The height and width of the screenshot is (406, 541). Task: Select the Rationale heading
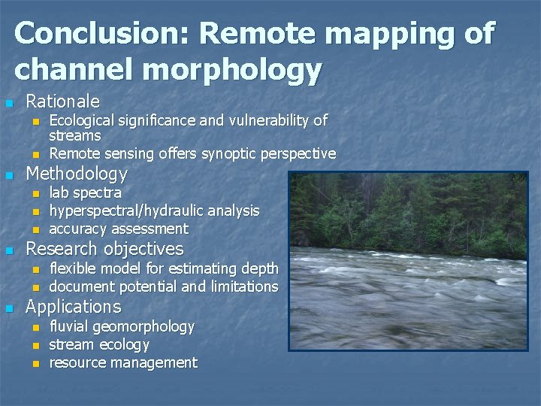pos(62,101)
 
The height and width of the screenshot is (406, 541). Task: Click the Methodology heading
pos(77,174)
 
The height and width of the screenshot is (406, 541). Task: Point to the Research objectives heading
pos(104,249)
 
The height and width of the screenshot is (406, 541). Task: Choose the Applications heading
pos(73,307)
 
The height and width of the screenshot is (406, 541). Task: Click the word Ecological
pos(83,120)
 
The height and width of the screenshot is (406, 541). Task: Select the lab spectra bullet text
pos(85,192)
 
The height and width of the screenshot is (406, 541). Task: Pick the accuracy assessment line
pos(118,229)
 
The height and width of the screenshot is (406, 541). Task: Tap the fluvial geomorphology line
pos(121,326)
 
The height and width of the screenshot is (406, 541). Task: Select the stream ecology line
pos(98,344)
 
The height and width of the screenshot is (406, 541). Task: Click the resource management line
pos(122,362)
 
